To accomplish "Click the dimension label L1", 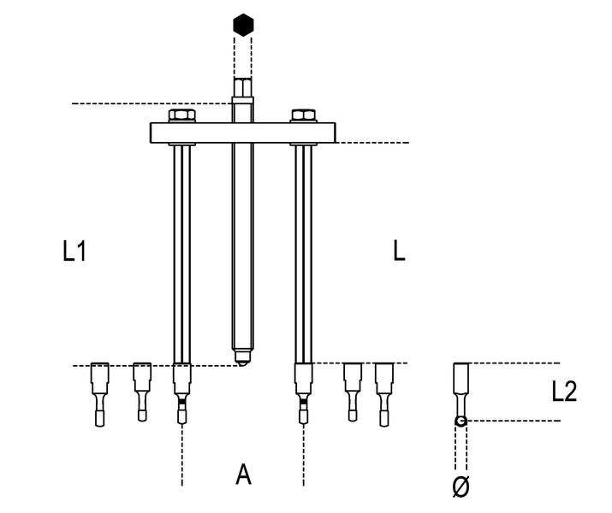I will (75, 251).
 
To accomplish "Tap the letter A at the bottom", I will (244, 475).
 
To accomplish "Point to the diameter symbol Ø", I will (460, 486).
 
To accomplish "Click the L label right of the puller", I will (398, 251).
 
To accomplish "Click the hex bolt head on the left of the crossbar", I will (181, 116).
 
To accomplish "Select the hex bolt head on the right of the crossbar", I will (304, 116).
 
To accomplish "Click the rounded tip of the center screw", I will (243, 357).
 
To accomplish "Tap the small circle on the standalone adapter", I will (460, 421).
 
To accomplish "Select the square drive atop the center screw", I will (242, 90).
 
